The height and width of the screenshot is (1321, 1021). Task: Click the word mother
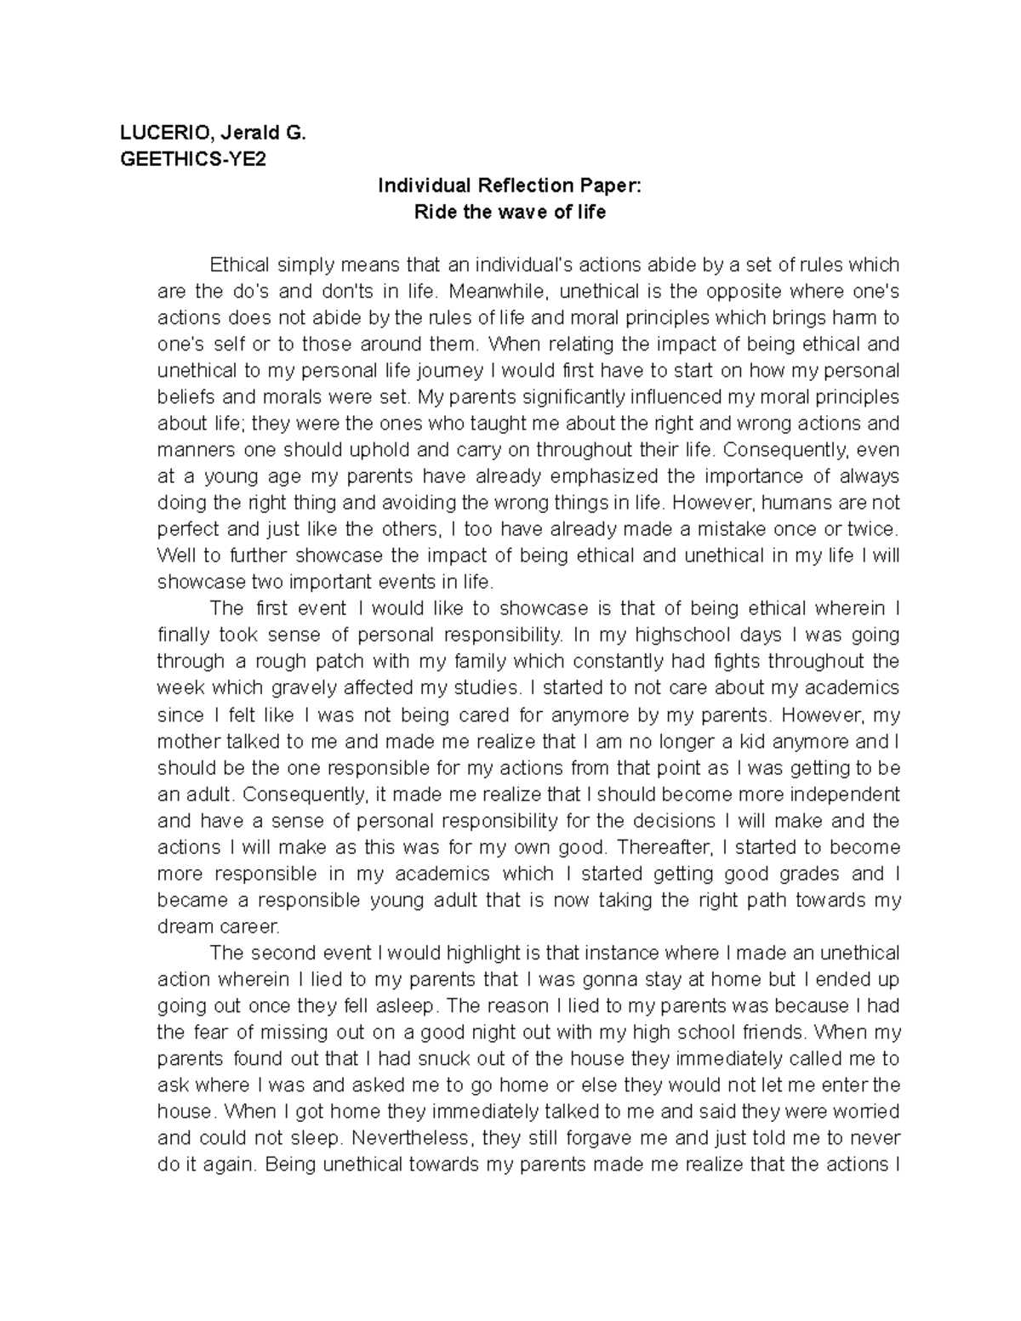point(187,741)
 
